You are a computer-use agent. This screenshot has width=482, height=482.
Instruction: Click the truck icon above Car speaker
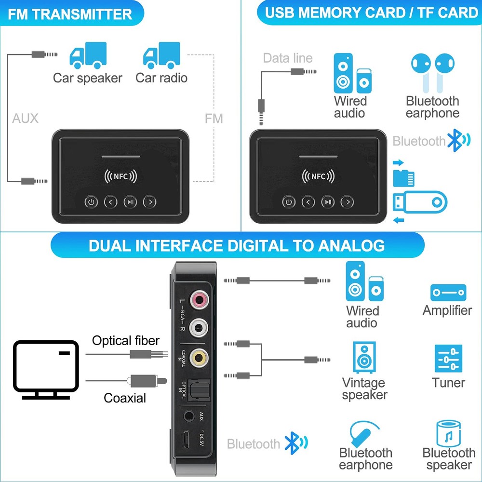point(88,55)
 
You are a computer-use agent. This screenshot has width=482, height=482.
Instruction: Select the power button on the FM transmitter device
point(91,202)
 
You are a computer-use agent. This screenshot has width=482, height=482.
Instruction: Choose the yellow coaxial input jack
point(198,357)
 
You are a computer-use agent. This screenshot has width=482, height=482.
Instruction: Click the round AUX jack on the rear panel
point(190,415)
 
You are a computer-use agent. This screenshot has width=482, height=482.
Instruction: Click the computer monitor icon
point(46,369)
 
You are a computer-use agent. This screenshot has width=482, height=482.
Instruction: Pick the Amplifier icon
point(448,293)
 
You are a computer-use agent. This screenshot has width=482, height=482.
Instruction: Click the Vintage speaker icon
point(364,358)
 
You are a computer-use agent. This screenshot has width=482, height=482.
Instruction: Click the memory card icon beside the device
point(404,178)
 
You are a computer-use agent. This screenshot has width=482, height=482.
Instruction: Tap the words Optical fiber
point(126,341)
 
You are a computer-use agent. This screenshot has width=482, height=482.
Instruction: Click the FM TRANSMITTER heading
point(70,14)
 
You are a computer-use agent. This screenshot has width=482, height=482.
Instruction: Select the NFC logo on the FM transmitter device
point(120,176)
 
